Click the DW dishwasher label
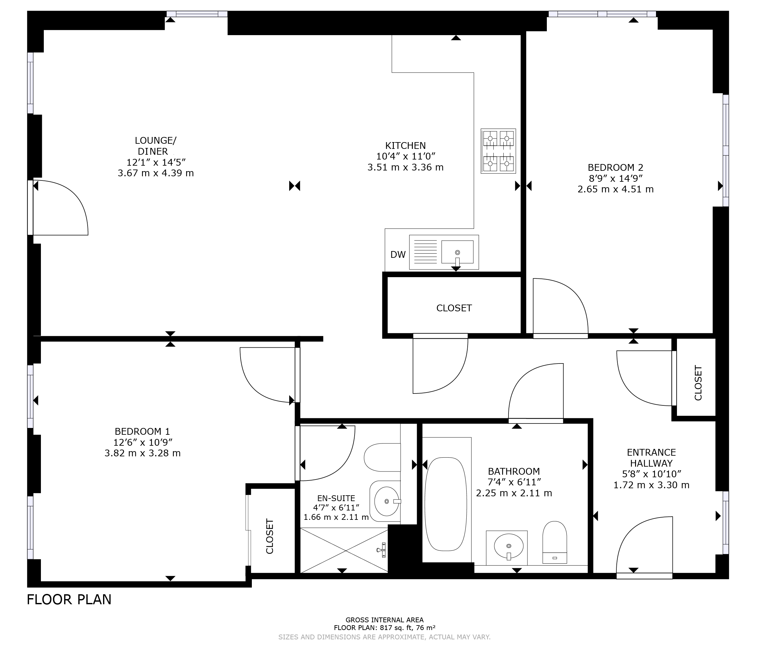pyautogui.click(x=398, y=255)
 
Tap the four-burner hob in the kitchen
pyautogui.click(x=498, y=151)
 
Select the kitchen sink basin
pyautogui.click(x=457, y=252)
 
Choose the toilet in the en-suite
pyautogui.click(x=382, y=457)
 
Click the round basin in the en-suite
pyautogui.click(x=386, y=501)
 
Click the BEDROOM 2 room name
pyautogui.click(x=615, y=168)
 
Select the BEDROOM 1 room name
pyautogui.click(x=142, y=431)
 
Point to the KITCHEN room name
pyautogui.click(x=405, y=145)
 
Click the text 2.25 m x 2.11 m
pyautogui.click(x=514, y=493)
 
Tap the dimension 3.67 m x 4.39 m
pyautogui.click(x=156, y=173)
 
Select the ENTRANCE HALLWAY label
pyautogui.click(x=651, y=458)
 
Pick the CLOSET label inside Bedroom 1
pyautogui.click(x=270, y=536)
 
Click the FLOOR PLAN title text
pyautogui.click(x=69, y=600)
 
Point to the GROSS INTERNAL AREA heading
pyautogui.click(x=385, y=620)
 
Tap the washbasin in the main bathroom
pyautogui.click(x=508, y=546)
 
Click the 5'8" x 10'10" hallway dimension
pyautogui.click(x=651, y=474)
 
